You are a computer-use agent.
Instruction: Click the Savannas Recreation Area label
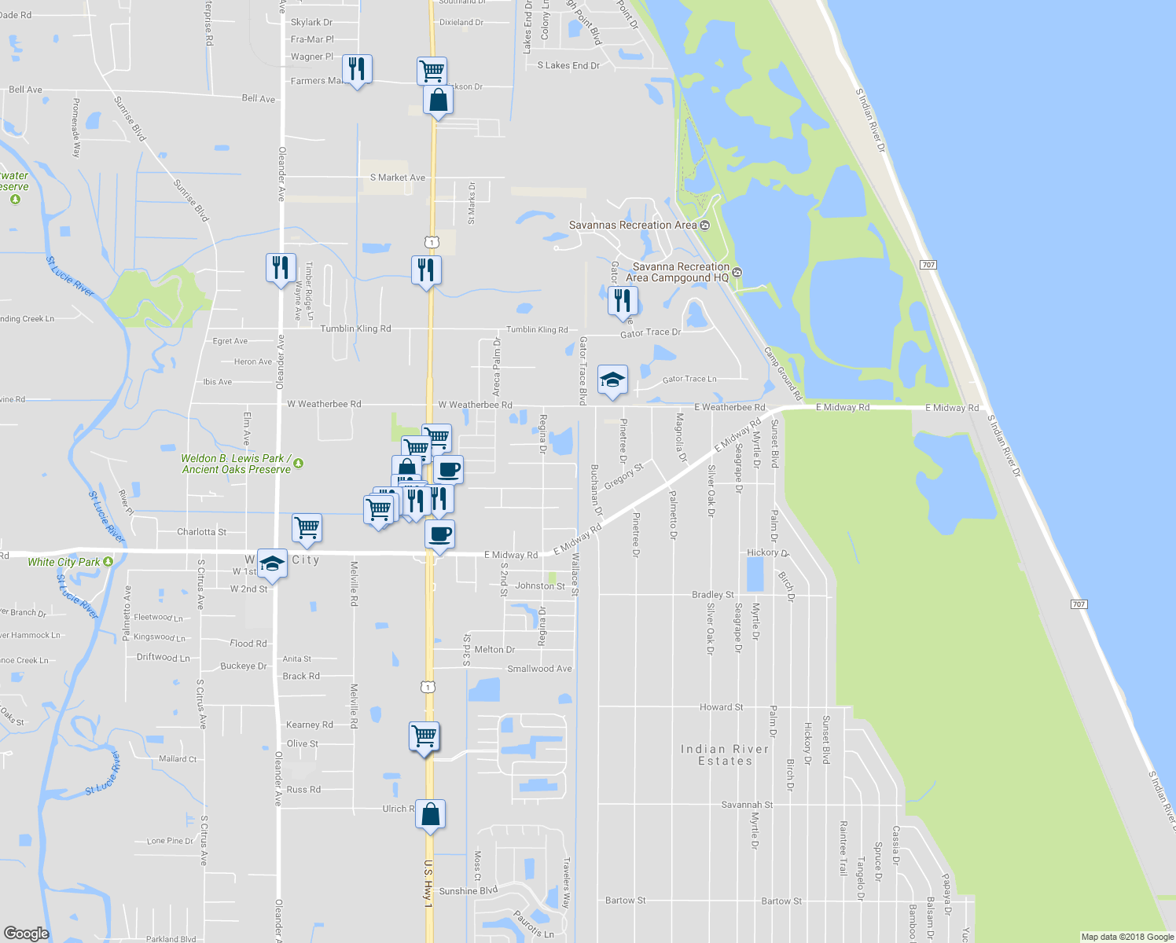tap(633, 226)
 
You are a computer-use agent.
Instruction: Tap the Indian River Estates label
tap(725, 755)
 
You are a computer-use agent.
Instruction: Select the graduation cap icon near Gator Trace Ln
tap(612, 381)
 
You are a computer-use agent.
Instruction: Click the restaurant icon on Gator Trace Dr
tap(622, 302)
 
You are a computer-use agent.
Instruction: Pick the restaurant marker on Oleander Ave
tap(281, 269)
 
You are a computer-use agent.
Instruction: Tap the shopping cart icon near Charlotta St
tap(307, 529)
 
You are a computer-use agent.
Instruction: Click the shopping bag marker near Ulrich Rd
tap(430, 815)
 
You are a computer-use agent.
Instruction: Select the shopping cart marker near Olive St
tap(424, 737)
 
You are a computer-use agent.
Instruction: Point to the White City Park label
tap(64, 562)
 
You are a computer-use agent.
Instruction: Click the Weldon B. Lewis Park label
tap(237, 464)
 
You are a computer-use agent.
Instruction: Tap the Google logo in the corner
tap(26, 933)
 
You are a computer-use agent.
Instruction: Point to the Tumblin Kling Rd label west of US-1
tap(355, 328)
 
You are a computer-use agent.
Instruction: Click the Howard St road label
tap(721, 707)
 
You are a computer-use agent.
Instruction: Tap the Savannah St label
tap(747, 805)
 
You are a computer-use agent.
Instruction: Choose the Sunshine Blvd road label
tap(468, 891)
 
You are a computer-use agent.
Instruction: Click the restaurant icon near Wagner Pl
tap(358, 70)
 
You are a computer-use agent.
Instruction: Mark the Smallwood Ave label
tap(539, 669)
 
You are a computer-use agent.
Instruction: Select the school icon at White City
tap(272, 563)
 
